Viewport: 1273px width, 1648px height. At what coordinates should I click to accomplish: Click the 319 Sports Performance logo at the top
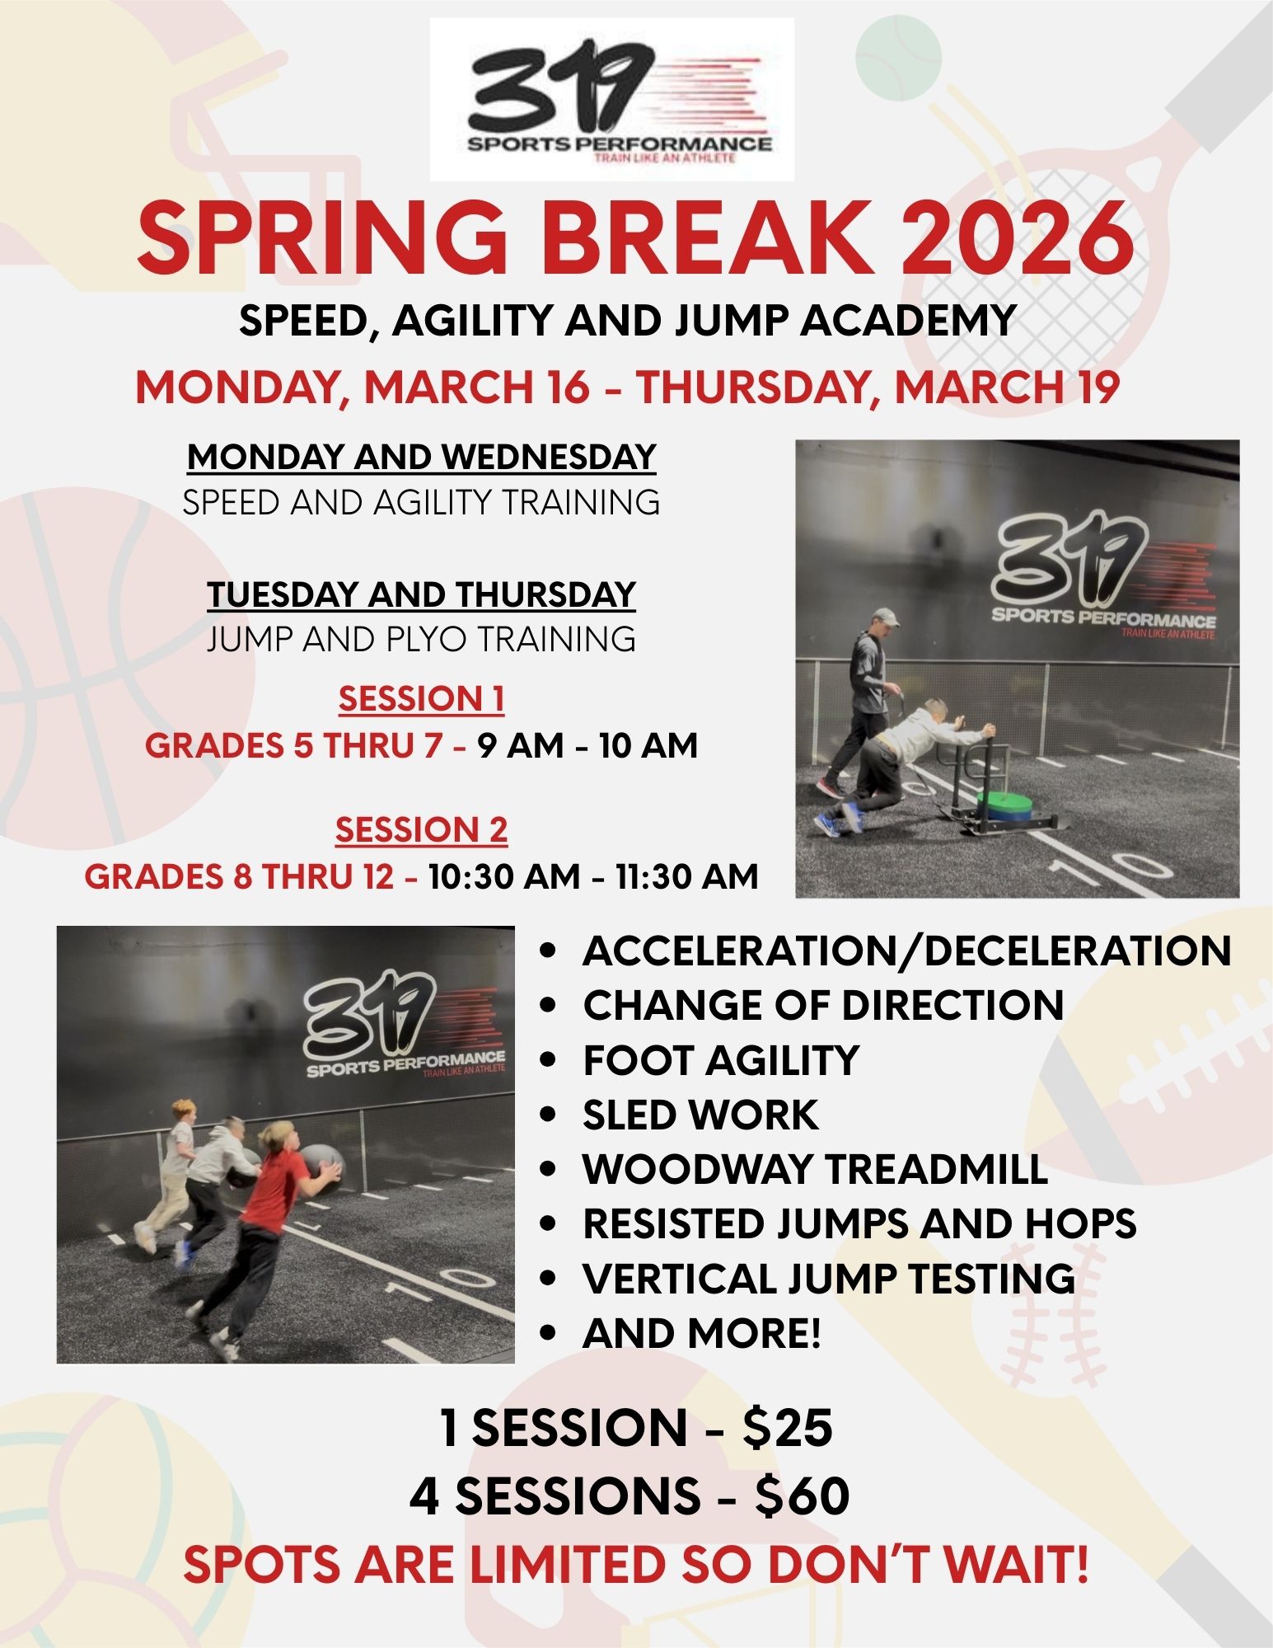point(612,99)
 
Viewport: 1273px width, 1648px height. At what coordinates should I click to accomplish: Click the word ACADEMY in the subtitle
point(908,320)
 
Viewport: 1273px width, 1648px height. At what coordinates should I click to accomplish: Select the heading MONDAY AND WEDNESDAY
point(422,457)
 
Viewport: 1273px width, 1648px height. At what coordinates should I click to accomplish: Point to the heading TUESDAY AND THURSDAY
point(422,594)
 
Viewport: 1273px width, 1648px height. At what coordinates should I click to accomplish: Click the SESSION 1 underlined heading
point(422,699)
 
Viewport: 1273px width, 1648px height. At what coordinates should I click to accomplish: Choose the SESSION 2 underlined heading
point(422,830)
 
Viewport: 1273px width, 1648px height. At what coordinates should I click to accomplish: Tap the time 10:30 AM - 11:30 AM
point(593,876)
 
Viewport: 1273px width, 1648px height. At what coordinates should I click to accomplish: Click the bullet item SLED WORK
point(700,1115)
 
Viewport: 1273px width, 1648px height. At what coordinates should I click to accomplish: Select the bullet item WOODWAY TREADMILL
point(815,1169)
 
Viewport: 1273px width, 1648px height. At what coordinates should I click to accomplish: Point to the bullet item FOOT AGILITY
point(721,1060)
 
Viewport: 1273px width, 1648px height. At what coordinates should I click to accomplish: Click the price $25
point(787,1428)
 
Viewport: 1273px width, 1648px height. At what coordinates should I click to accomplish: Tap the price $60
point(802,1495)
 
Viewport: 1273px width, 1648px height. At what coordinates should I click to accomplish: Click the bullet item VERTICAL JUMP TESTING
point(829,1278)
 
